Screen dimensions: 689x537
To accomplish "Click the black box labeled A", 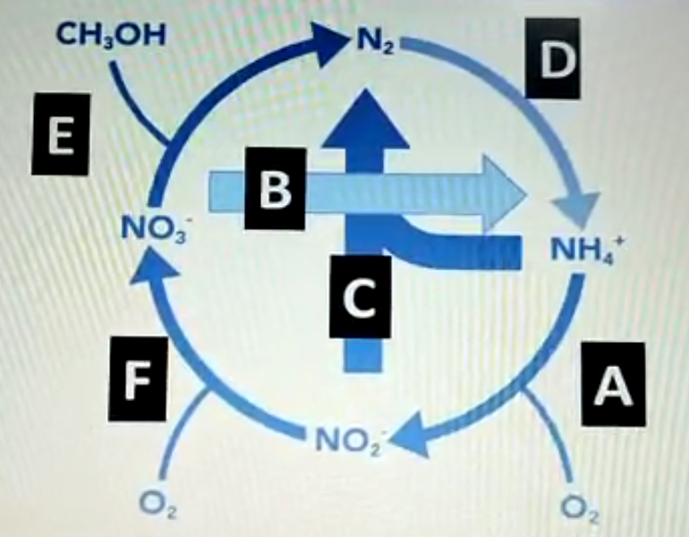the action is coord(613,387).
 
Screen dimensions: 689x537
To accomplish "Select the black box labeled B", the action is coord(274,189).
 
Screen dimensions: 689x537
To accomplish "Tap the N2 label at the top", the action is coord(373,40).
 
